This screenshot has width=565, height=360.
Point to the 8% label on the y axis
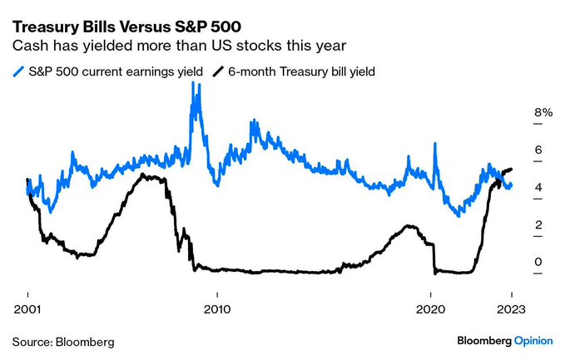[543, 112]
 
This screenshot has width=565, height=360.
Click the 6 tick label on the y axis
[538, 150]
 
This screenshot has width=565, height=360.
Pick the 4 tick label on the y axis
[538, 188]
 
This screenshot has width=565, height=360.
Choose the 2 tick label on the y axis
[538, 225]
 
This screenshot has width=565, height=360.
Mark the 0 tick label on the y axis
[538, 263]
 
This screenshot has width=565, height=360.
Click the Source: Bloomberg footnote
[62, 342]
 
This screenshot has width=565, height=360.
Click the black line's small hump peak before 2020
[409, 226]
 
